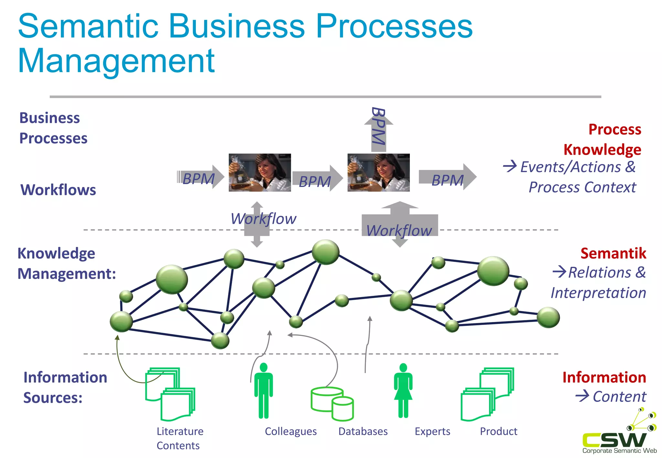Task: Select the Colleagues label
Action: point(291,432)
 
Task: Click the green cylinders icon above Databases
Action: point(332,404)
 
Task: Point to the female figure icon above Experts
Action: point(403,390)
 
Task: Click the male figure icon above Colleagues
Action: point(263,390)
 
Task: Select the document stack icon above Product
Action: point(487,394)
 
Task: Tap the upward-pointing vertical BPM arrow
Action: point(379,129)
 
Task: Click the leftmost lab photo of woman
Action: point(260,172)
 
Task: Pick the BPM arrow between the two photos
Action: point(317,179)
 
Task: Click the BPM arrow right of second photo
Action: point(447,177)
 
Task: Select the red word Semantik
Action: point(613,253)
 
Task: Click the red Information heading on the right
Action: point(604,377)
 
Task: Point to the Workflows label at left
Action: point(58,190)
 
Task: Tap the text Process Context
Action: point(582,187)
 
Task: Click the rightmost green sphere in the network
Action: point(548,317)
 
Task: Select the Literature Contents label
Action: point(180,438)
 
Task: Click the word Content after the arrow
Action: point(619,397)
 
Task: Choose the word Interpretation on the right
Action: point(598,293)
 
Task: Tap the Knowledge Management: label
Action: point(66,263)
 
